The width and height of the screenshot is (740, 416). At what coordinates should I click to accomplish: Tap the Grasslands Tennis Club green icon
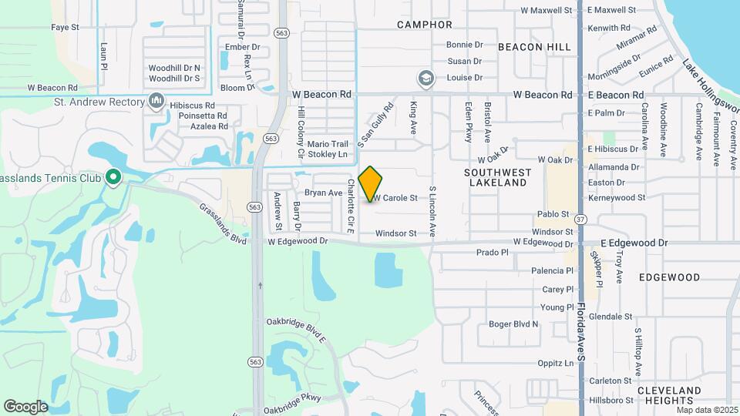tap(113, 178)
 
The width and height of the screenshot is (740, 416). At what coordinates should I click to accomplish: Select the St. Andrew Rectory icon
tap(157, 102)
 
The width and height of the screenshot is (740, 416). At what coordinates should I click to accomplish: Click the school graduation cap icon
tap(425, 78)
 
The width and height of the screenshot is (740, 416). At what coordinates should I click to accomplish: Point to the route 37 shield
tap(580, 220)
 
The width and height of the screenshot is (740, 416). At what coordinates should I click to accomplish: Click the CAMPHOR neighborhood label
tap(425, 25)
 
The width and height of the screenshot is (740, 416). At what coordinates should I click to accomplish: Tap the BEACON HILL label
tap(534, 47)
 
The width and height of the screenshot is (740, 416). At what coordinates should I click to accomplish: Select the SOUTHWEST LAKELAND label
tap(499, 177)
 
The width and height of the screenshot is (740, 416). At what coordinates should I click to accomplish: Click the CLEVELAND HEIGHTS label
tap(669, 395)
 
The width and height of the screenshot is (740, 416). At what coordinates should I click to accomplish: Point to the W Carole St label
tap(396, 198)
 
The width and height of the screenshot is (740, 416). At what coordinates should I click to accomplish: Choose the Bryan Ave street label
tap(323, 193)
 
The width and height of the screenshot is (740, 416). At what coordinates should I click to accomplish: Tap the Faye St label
tap(66, 27)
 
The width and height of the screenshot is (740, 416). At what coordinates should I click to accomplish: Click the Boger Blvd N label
tap(513, 324)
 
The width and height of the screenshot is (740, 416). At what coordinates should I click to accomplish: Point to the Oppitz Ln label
tap(556, 364)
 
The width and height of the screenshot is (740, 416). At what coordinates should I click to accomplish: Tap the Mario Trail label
tap(328, 144)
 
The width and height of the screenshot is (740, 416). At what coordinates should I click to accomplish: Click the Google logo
tap(26, 406)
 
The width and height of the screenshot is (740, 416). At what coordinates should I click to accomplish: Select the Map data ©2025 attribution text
tap(707, 410)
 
